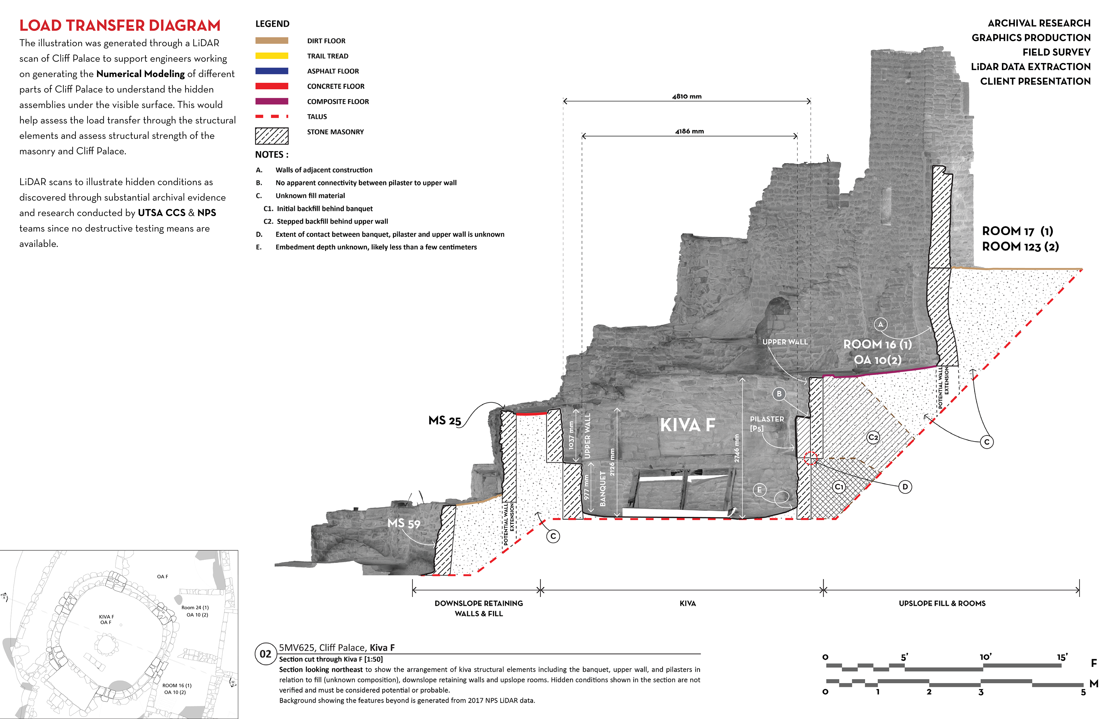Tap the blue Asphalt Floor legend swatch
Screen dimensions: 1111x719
pos(272,71)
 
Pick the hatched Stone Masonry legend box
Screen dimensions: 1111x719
pos(272,136)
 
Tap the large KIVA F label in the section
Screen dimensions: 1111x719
pos(688,425)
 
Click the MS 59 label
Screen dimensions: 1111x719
pos(404,523)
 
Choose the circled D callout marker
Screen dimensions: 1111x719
pos(905,487)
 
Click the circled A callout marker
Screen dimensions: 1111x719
pos(880,324)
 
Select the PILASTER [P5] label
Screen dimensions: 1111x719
pos(766,424)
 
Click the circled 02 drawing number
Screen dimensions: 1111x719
pos(265,654)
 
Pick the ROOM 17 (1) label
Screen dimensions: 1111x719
pos(1018,231)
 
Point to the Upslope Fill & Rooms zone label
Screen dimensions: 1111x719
pos(942,603)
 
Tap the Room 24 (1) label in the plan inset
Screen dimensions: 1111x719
pos(195,607)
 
